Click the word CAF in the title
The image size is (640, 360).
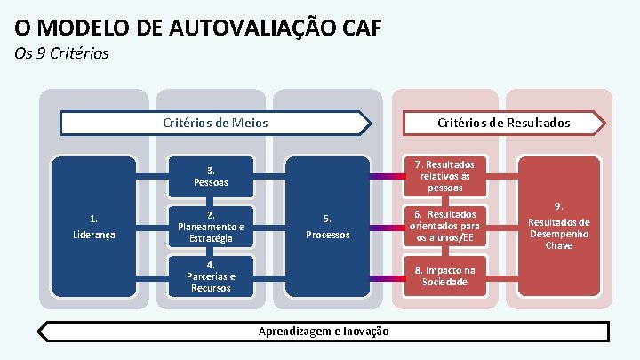point(356,26)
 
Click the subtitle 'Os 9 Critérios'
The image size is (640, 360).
point(62,53)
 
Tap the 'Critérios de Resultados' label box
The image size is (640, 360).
point(503,123)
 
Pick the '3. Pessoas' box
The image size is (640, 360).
point(211,176)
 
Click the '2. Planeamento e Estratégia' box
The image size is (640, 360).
point(211,227)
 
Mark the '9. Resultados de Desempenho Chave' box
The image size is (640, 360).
point(558,227)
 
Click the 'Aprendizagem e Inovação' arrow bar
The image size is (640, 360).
point(324,332)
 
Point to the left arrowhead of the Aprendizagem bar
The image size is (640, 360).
point(43,332)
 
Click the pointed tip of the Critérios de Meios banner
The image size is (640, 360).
point(367,123)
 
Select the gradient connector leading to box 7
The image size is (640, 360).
point(387,176)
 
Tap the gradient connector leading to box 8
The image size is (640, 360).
point(387,277)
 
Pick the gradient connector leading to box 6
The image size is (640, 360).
point(387,227)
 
